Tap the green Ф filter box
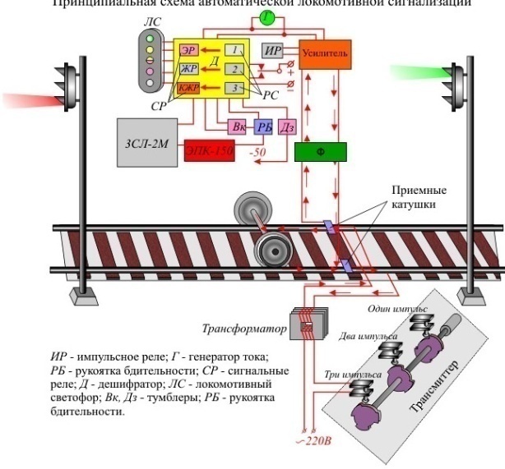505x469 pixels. pos(321,151)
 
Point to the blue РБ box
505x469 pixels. pos(263,126)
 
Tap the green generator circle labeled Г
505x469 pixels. pos(244,17)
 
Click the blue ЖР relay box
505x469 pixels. pos(188,69)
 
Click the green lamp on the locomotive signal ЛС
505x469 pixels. pos(151,38)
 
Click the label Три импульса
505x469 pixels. pos(353,375)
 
